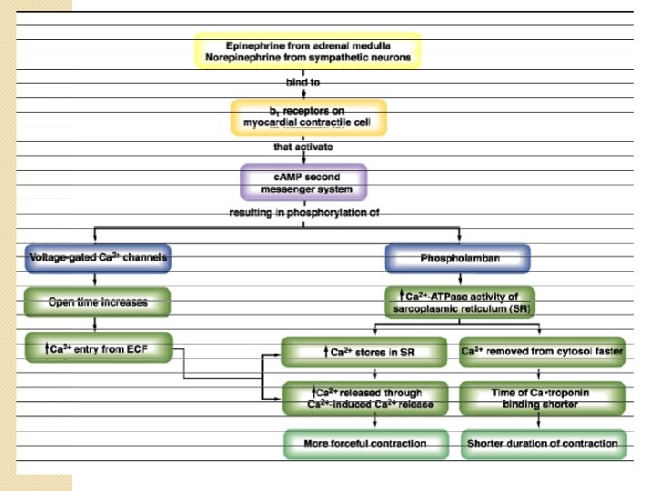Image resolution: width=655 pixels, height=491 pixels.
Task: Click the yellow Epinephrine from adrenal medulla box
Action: point(307,50)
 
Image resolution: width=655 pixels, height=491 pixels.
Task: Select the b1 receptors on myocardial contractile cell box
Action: point(307,117)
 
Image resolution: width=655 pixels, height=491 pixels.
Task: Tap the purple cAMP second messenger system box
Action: point(304,182)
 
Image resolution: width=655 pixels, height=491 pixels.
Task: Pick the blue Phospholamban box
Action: point(458,258)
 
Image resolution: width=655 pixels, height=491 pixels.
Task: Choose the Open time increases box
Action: point(98,301)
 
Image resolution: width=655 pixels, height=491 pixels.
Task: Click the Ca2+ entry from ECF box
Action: point(98,348)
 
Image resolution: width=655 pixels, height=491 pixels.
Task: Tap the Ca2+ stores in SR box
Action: point(364,352)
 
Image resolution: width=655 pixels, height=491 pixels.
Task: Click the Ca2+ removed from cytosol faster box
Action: point(542,352)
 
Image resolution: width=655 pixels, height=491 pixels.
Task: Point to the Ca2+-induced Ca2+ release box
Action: point(364,397)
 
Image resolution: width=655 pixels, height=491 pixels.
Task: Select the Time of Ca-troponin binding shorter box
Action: point(542,397)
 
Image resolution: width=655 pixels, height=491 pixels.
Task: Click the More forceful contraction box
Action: point(364,444)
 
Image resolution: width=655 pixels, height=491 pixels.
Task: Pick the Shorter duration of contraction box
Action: point(542,444)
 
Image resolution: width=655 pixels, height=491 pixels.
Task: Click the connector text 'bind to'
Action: point(303,83)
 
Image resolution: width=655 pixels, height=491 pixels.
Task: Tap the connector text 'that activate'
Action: point(303,146)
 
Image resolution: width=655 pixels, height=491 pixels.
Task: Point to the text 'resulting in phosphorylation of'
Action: point(303,213)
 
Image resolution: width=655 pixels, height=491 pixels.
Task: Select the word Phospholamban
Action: point(458,258)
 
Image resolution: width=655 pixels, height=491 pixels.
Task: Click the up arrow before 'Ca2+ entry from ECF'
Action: point(46,348)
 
